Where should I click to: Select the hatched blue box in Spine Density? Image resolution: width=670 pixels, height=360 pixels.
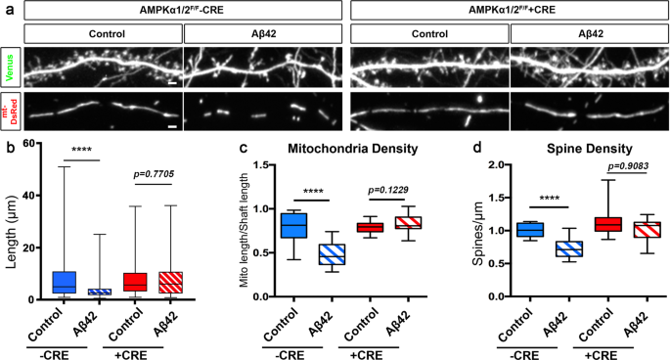pyautogui.click(x=536, y=248)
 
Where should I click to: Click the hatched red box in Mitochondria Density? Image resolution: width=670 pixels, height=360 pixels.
pyautogui.click(x=375, y=222)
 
